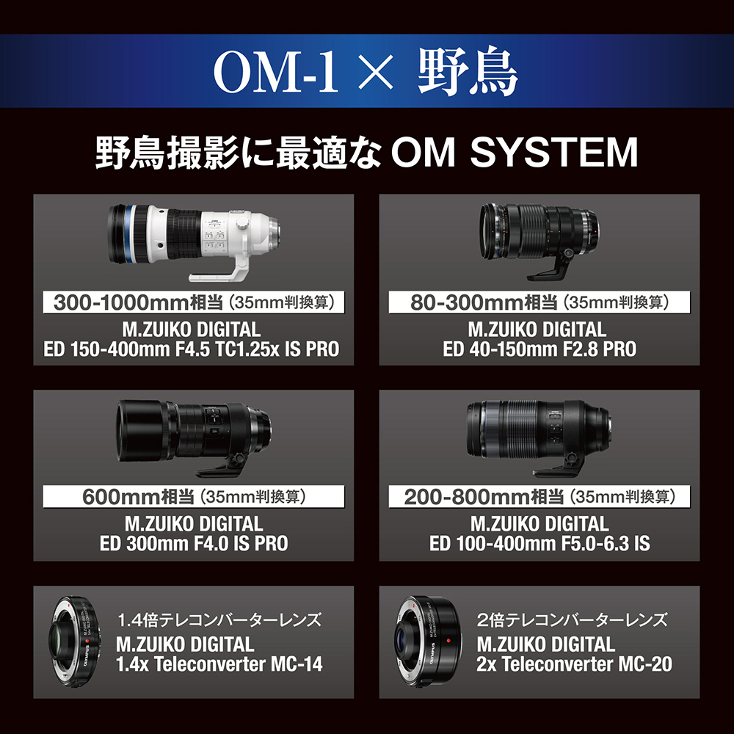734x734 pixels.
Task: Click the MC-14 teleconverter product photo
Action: pyautogui.click(x=74, y=642)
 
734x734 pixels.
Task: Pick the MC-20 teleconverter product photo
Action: pyautogui.click(x=428, y=642)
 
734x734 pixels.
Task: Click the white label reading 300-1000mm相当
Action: pyautogui.click(x=194, y=302)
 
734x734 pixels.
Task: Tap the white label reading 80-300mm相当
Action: pyautogui.click(x=539, y=302)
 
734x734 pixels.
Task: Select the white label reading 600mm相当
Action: pyautogui.click(x=194, y=497)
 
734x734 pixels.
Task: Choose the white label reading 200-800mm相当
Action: pyautogui.click(x=539, y=497)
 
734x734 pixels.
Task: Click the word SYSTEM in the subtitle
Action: pyautogui.click(x=553, y=152)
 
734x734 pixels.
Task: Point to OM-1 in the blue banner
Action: pyautogui.click(x=276, y=71)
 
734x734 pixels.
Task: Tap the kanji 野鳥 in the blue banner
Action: pyautogui.click(x=467, y=71)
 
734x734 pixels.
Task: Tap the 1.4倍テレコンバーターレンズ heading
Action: pyautogui.click(x=219, y=619)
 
